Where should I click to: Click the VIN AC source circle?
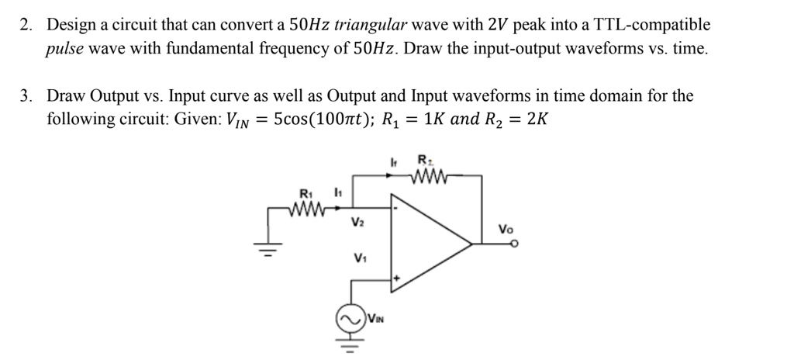(350, 319)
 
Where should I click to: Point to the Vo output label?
(506, 230)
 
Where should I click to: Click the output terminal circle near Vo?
(514, 245)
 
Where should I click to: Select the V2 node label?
(357, 223)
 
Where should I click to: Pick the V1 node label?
(360, 258)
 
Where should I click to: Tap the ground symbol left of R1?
(269, 250)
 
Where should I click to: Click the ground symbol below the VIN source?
(350, 345)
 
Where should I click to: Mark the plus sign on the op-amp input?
(398, 277)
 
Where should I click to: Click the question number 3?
(26, 97)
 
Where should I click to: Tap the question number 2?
(26, 25)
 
